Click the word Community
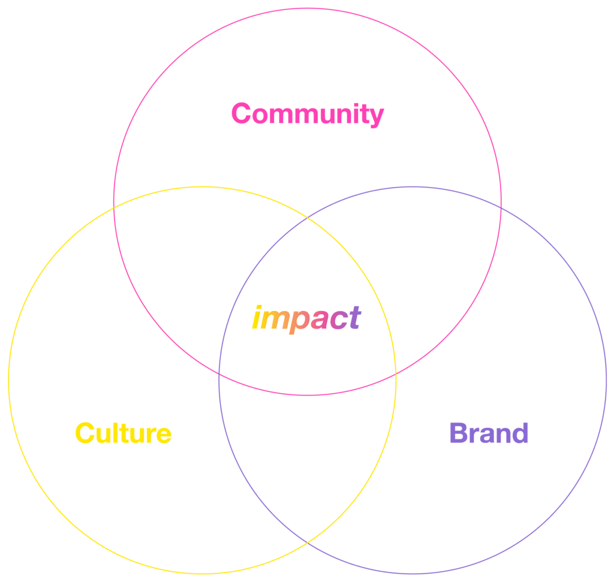(308, 114)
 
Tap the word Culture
(124, 433)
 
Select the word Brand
(489, 433)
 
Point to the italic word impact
(306, 319)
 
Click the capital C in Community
(241, 113)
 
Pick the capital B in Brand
(459, 433)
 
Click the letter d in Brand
(519, 433)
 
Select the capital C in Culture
(85, 433)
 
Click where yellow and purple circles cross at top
(308, 217)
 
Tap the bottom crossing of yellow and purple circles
(308, 543)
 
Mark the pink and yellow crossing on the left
(114, 208)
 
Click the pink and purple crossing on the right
(501, 208)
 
